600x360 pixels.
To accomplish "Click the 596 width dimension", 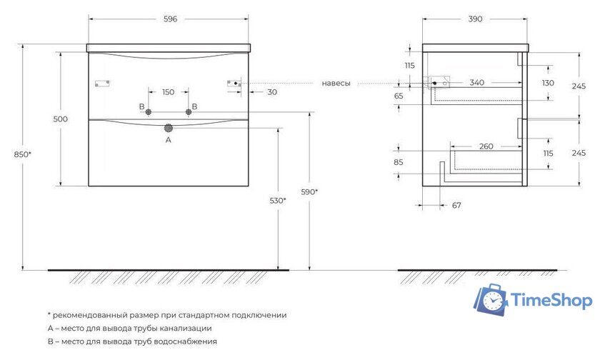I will click(x=169, y=19).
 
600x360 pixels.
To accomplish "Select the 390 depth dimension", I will click(x=474, y=19).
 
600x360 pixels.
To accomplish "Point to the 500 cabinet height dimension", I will click(x=60, y=119).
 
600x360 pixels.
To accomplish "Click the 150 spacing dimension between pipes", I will click(x=168, y=92).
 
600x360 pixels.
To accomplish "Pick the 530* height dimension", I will click(x=277, y=201).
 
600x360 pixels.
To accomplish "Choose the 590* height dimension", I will click(x=310, y=191).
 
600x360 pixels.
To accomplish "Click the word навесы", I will click(x=336, y=84).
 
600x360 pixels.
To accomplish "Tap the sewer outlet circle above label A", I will click(x=169, y=129).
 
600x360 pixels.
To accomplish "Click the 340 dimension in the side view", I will click(x=476, y=83).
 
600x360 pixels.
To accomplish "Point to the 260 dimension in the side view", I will click(x=486, y=147).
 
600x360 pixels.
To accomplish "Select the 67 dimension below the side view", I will click(x=456, y=206).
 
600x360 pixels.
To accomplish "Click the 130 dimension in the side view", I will click(x=548, y=83).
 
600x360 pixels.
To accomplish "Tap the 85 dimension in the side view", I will click(x=398, y=162).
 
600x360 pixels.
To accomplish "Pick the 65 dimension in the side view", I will click(x=398, y=96).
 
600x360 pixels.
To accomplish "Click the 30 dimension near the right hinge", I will click(x=272, y=92).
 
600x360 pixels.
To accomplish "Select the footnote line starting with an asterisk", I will click(x=167, y=314).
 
